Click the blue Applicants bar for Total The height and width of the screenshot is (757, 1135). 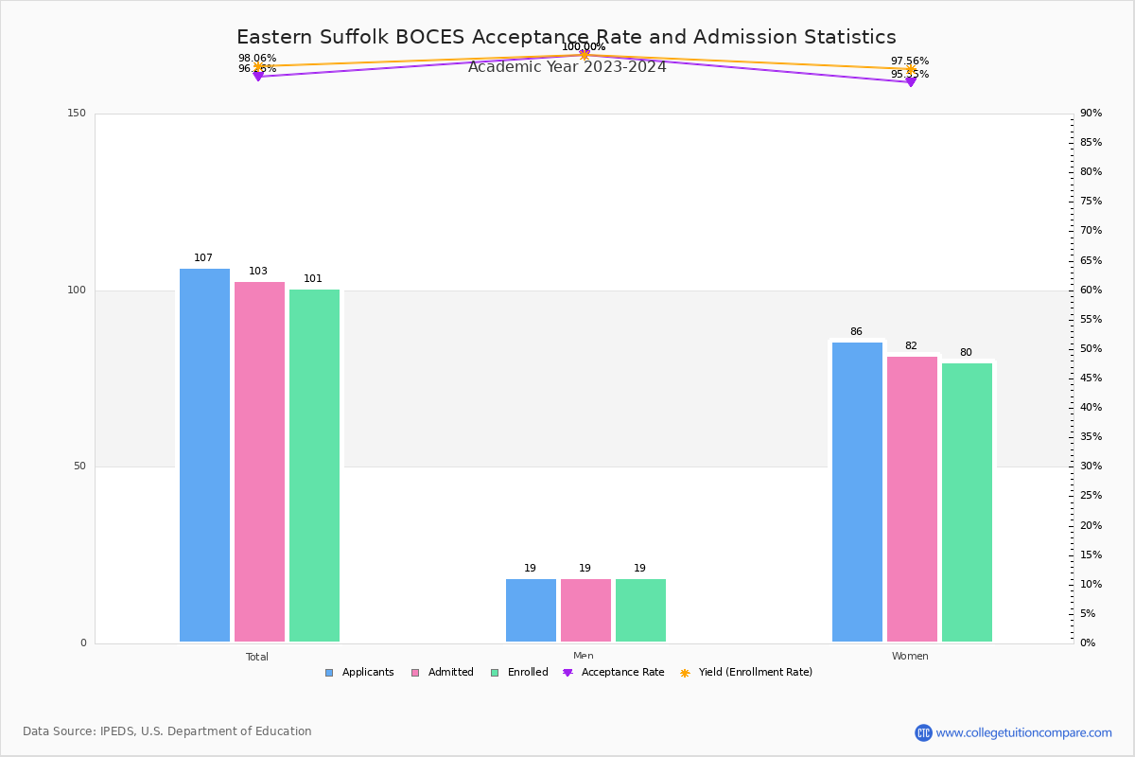click(x=204, y=455)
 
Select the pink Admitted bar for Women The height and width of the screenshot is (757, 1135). click(x=912, y=499)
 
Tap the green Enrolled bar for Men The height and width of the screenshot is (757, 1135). click(x=640, y=610)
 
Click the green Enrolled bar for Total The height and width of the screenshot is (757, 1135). click(x=314, y=466)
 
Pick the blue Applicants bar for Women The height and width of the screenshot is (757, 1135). click(x=857, y=492)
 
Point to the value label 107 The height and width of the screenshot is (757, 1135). click(x=203, y=258)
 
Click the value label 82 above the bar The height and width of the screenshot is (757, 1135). click(x=911, y=346)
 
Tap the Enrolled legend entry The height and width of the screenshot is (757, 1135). click(x=519, y=673)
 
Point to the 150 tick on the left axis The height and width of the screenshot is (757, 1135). click(x=77, y=114)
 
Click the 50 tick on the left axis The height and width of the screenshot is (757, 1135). click(x=79, y=467)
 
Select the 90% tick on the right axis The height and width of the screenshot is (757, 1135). click(x=1091, y=114)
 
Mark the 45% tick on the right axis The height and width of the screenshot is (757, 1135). click(x=1091, y=378)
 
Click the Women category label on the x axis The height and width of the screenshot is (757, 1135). click(x=910, y=657)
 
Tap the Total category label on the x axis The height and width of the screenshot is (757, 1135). click(x=257, y=657)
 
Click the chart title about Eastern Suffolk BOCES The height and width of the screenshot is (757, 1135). click(x=566, y=38)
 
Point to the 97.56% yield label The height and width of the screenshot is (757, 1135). click(x=910, y=62)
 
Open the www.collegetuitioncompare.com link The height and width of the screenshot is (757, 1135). click(x=1023, y=732)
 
